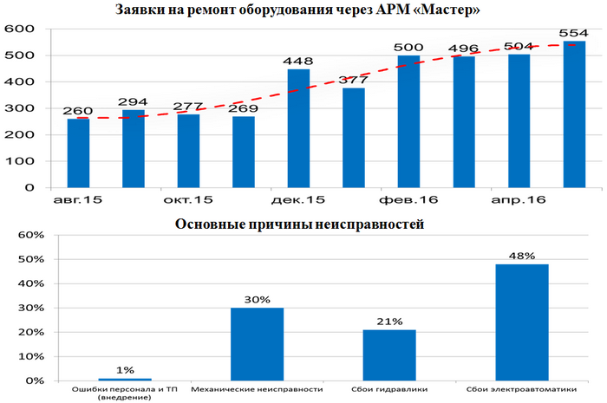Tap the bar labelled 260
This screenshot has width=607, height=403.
(x=78, y=153)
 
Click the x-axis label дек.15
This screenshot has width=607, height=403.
(x=298, y=200)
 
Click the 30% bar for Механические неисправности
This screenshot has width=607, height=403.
(x=257, y=344)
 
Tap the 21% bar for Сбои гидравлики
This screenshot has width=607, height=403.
(x=389, y=355)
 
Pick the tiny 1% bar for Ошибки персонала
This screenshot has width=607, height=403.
(x=124, y=379)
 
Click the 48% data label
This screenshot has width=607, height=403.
(x=522, y=257)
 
